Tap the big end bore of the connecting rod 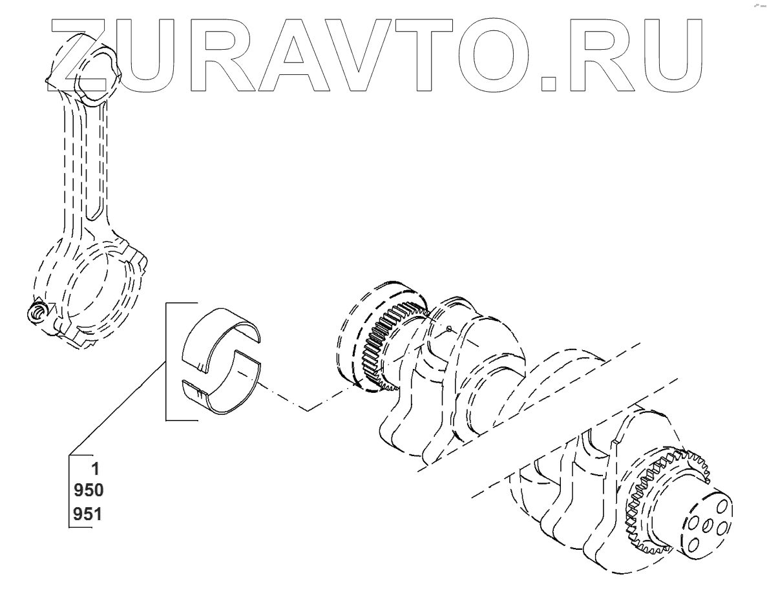[x=90, y=288]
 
